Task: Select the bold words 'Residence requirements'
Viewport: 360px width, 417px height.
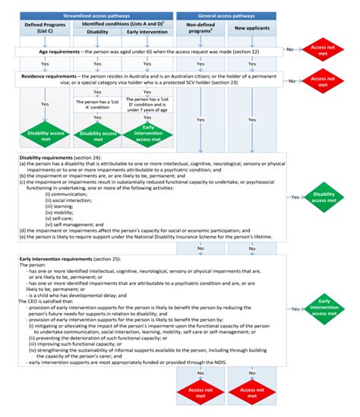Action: coord(54,76)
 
